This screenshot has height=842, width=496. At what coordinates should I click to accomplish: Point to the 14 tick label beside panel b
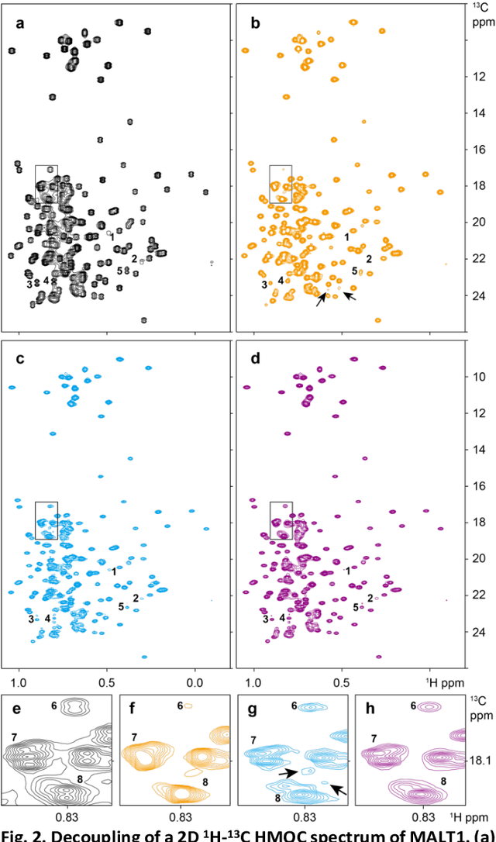(478, 113)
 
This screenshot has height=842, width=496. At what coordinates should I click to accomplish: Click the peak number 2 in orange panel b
(369, 259)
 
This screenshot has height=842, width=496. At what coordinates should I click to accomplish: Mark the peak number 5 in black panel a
(120, 271)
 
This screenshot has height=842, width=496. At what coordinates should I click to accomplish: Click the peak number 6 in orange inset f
(180, 705)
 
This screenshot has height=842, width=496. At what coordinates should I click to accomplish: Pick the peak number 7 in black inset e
(13, 735)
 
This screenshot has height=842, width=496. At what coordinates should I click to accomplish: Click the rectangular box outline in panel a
(46, 185)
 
